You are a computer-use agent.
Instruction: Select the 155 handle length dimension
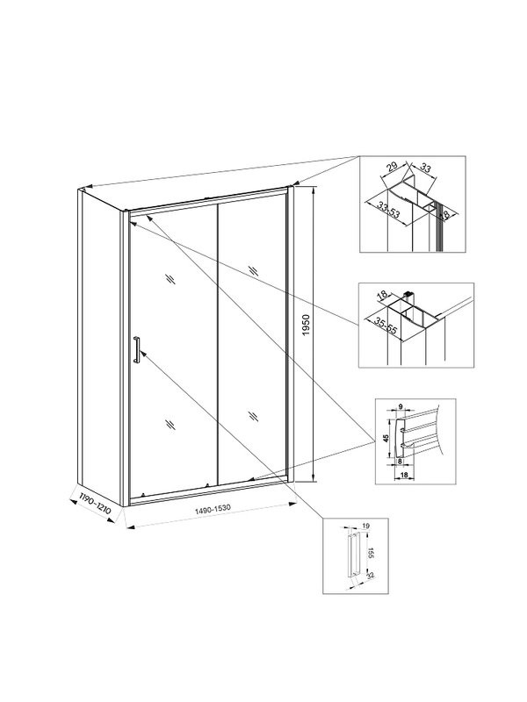tap(371, 553)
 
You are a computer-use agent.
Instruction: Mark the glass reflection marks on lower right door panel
tap(253, 416)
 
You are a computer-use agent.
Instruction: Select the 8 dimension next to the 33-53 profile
tap(445, 213)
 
